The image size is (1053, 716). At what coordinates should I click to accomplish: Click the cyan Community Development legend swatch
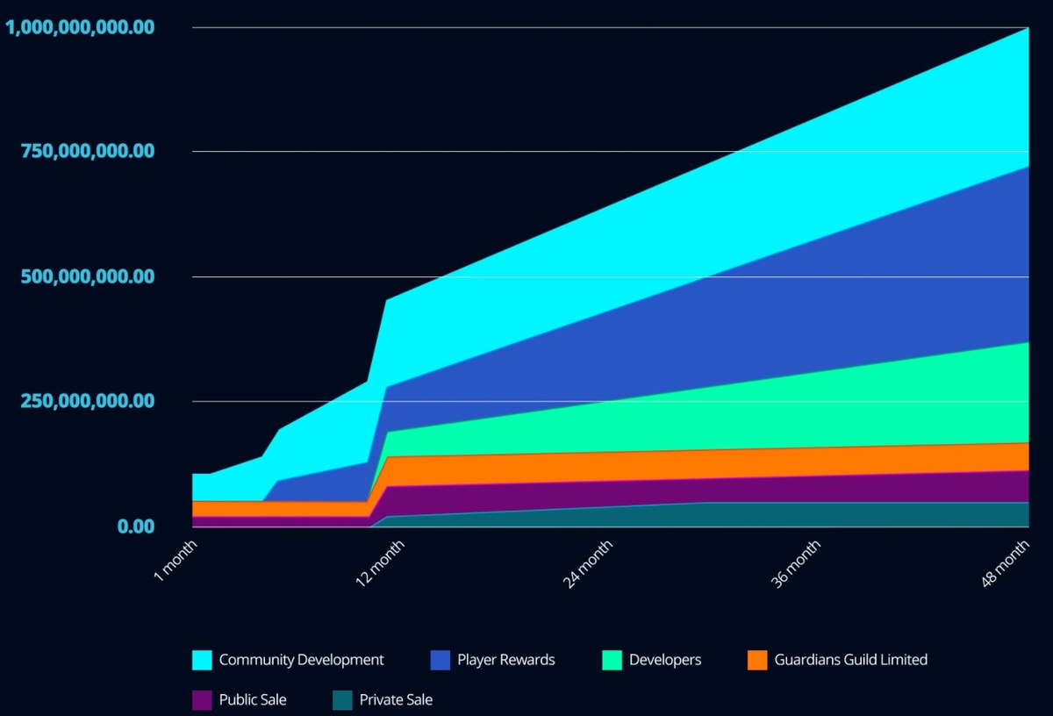pyautogui.click(x=202, y=660)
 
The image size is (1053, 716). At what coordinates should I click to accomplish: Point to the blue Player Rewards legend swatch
pyautogui.click(x=441, y=660)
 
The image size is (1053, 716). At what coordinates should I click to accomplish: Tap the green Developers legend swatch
pyautogui.click(x=612, y=660)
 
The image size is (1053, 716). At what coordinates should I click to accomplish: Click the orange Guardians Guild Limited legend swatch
pyautogui.click(x=757, y=660)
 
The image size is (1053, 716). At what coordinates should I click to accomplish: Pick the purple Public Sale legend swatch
pyautogui.click(x=202, y=700)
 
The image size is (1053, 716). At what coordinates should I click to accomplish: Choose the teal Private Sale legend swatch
pyautogui.click(x=342, y=700)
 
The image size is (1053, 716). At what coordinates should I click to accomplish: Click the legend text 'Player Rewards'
pyautogui.click(x=506, y=660)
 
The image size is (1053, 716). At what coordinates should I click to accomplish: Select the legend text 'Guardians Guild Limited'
pyautogui.click(x=850, y=660)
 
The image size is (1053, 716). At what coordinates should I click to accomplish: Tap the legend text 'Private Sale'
pyautogui.click(x=396, y=700)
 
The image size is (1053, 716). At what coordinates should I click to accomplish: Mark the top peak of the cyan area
pyautogui.click(x=1028, y=29)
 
